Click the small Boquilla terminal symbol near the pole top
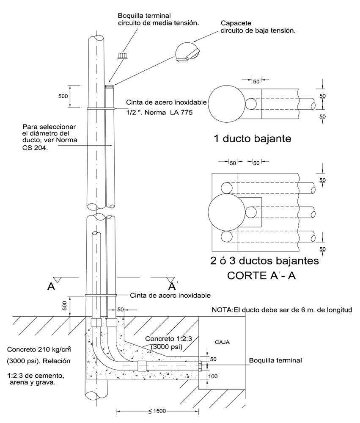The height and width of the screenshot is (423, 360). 123,55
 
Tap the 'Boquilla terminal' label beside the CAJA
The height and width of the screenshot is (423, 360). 275,360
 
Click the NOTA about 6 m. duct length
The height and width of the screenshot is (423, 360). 282,310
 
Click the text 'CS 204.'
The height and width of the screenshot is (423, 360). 36,148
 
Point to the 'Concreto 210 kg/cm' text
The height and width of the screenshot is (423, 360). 37,350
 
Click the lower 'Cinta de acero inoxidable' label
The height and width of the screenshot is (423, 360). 170,295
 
